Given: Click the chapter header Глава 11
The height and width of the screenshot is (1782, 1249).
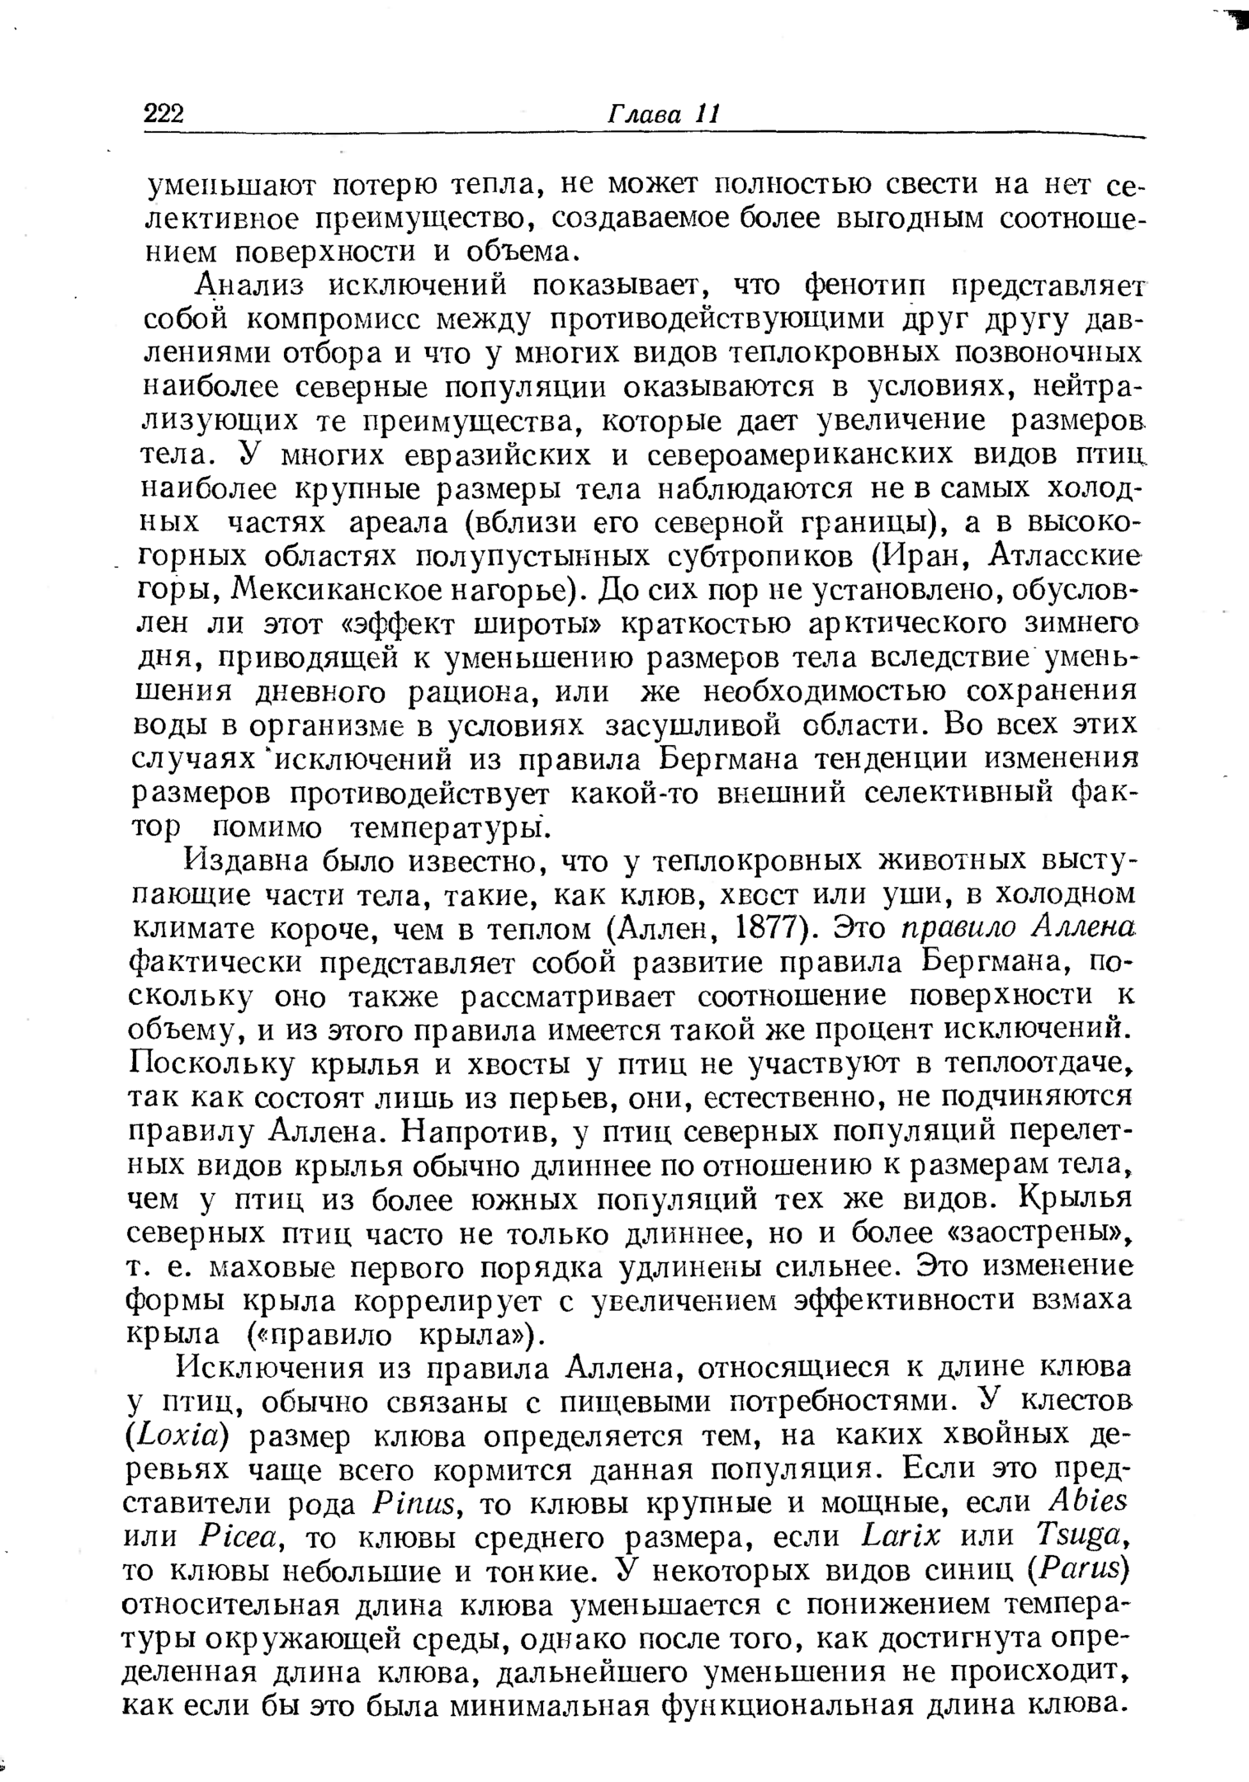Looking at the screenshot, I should click(663, 114).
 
